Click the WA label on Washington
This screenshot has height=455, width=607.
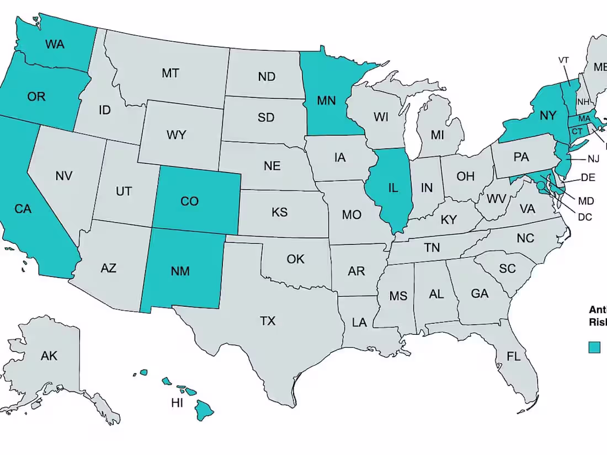click(55, 44)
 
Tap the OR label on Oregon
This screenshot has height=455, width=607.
click(36, 97)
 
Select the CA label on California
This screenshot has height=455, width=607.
click(23, 208)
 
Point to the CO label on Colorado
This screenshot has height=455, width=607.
click(189, 201)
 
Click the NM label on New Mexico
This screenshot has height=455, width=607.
click(180, 271)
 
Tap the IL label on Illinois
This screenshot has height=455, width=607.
click(393, 188)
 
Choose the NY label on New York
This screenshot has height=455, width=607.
click(547, 115)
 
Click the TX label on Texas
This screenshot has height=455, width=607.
click(268, 320)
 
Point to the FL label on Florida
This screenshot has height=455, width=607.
click(513, 356)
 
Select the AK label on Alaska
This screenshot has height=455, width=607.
click(49, 356)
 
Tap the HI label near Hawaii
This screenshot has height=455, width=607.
click(177, 403)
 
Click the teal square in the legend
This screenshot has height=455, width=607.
click(594, 347)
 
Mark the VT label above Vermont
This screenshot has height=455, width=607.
click(563, 60)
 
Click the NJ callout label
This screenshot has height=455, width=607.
click(593, 159)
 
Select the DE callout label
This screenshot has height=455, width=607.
click(588, 178)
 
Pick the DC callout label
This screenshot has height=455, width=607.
click(585, 217)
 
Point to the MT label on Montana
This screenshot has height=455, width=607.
click(171, 72)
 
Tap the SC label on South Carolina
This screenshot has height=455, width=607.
click(507, 269)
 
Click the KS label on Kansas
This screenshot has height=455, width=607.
click(279, 212)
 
